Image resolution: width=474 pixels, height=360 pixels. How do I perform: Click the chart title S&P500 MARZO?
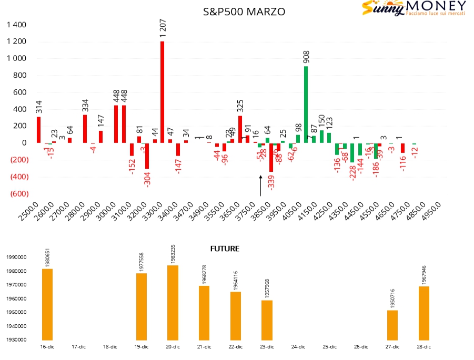click(244, 11)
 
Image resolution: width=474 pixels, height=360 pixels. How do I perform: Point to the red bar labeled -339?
click(271, 157)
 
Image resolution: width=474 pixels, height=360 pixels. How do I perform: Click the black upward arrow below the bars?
click(260, 186)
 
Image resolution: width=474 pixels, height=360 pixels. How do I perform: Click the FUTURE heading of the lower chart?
click(225, 249)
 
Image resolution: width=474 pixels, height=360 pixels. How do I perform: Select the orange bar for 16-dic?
click(47, 304)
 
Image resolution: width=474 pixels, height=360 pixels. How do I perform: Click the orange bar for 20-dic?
click(173, 302)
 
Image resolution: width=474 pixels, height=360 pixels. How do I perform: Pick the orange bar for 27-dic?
click(392, 325)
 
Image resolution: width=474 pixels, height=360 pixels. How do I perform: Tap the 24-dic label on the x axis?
click(298, 347)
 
